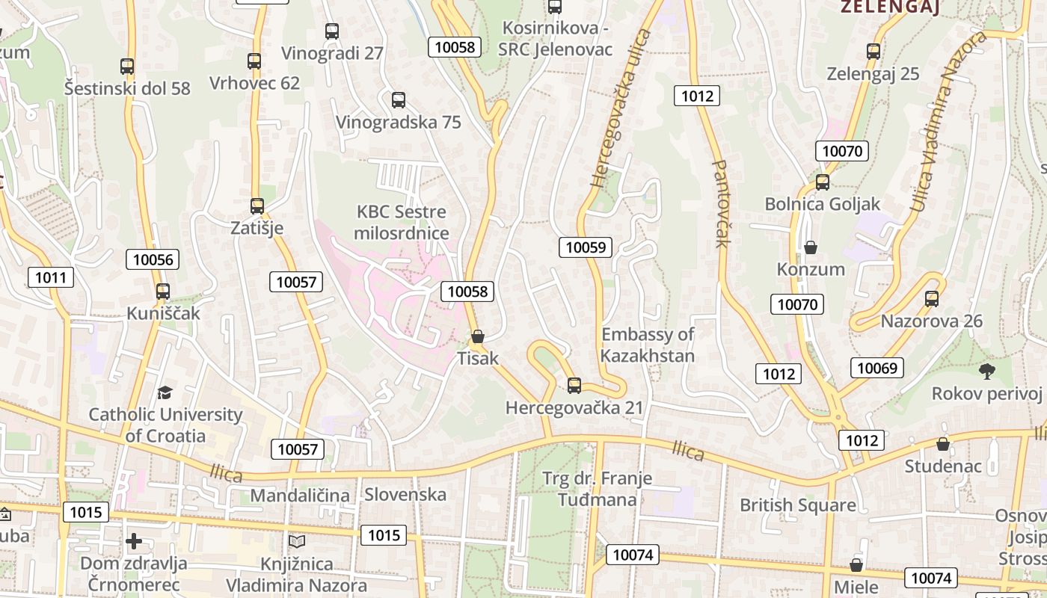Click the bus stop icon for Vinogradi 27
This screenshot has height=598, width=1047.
tap(332, 31)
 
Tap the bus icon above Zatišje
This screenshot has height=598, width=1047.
tap(257, 206)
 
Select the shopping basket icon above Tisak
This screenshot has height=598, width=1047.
tap(478, 336)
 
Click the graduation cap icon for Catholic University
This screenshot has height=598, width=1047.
tap(165, 392)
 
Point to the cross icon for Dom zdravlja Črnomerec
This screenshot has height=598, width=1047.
tap(134, 540)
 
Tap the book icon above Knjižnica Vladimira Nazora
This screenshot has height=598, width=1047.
tap(297, 541)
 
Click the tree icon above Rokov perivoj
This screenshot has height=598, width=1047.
tap(987, 371)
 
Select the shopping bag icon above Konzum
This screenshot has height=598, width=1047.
tap(811, 247)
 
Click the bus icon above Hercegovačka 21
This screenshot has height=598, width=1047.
tap(574, 385)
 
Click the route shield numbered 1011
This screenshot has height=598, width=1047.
tap(51, 278)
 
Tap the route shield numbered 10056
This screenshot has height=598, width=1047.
tap(153, 260)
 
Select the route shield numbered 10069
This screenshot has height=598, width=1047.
tap(877, 368)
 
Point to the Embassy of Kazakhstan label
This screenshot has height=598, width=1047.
tap(648, 345)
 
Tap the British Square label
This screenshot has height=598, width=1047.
tap(798, 505)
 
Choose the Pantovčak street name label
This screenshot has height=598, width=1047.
tap(721, 203)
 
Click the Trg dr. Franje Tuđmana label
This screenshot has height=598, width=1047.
tap(597, 488)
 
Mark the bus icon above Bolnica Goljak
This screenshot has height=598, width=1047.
tap(823, 182)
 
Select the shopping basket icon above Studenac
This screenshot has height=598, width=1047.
tap(943, 444)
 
